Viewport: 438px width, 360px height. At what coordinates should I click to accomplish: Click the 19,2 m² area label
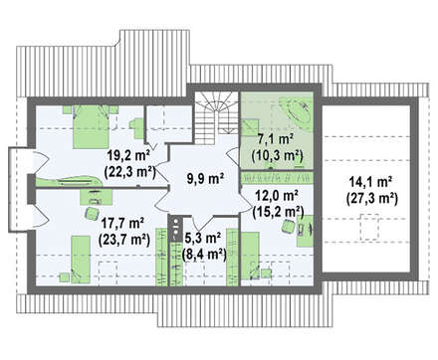click(x=128, y=155)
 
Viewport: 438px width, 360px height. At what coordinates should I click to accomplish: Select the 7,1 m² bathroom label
click(x=275, y=139)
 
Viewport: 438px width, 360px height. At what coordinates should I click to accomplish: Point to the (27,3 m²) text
click(x=371, y=199)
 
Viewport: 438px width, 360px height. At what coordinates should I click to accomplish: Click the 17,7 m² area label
click(x=122, y=223)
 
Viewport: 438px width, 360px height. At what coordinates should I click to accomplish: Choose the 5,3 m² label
click(x=201, y=238)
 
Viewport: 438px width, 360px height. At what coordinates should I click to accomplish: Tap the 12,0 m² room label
click(x=276, y=196)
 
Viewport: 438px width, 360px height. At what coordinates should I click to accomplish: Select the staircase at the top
click(x=216, y=117)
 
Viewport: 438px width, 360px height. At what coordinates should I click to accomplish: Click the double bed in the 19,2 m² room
click(x=91, y=126)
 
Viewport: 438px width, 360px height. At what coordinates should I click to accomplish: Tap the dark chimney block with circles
click(x=175, y=229)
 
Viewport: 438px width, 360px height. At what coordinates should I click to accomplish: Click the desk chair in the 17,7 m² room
click(x=92, y=213)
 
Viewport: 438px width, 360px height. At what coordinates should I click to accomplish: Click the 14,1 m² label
click(x=370, y=183)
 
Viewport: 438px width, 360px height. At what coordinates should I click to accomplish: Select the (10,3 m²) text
click(x=278, y=155)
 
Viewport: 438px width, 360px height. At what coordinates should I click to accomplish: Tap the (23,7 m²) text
click(x=124, y=239)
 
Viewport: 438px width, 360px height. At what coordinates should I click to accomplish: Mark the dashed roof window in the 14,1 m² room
click(x=369, y=228)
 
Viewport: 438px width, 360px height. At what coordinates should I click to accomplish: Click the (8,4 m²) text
click(x=204, y=255)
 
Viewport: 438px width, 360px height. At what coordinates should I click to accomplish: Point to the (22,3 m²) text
click(x=129, y=172)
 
